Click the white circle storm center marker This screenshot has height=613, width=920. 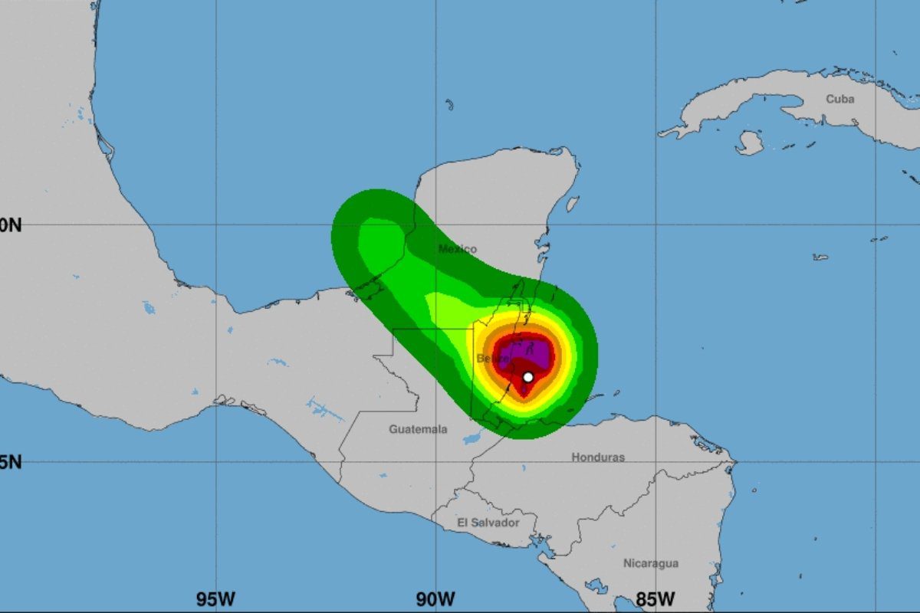527,377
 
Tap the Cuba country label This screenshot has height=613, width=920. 840,99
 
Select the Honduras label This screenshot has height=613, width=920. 598,457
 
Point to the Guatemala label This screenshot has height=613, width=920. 418,429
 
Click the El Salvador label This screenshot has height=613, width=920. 488,523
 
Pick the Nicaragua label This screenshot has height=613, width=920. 650,563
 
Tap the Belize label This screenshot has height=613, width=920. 491,359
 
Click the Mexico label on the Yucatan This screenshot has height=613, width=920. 457,249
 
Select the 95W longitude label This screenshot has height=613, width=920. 215,598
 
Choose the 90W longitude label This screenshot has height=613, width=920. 435,598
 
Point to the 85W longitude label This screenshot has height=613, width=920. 655,598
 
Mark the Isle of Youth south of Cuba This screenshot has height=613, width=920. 749,143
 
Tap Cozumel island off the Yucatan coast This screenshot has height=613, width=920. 571,204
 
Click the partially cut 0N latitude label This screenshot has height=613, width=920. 11,225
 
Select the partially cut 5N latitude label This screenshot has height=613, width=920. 11,462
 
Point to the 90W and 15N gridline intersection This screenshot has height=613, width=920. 435,461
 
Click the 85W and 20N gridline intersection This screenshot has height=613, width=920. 655,225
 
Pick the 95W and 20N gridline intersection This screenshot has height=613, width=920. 215,225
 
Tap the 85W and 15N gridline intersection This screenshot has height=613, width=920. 655,461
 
